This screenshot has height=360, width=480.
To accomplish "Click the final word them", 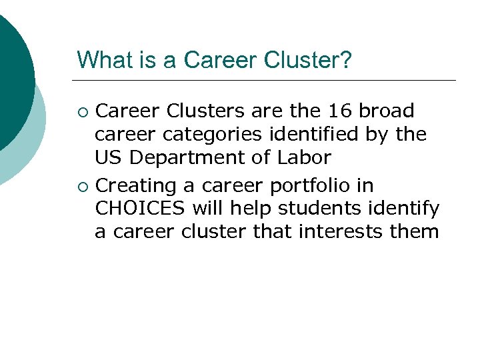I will point(418,231).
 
